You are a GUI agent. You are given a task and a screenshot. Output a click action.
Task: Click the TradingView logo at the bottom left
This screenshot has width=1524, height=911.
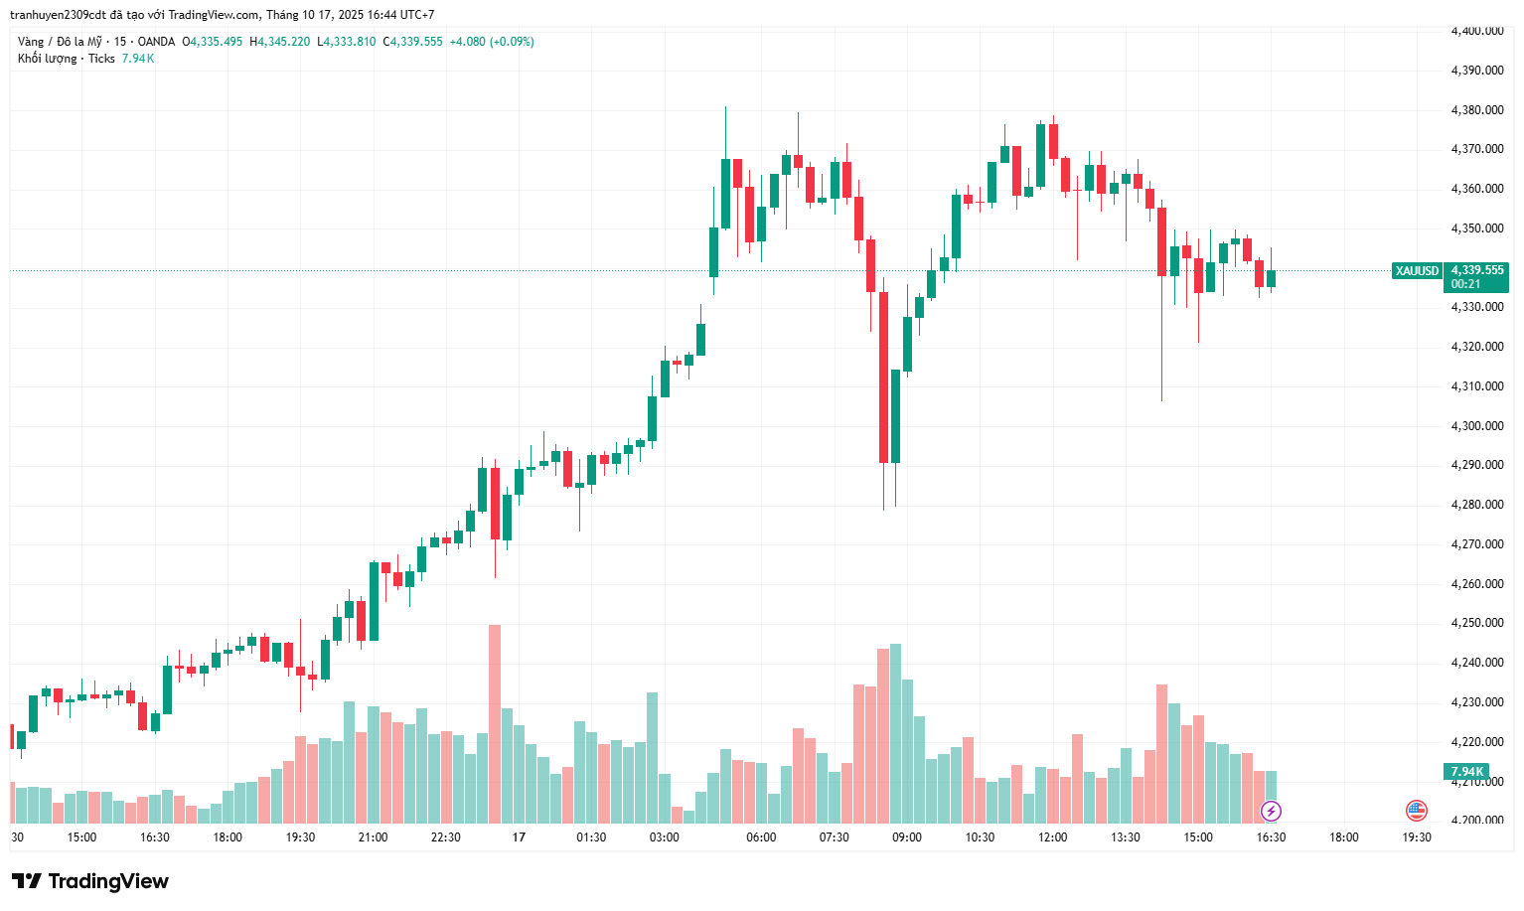89,881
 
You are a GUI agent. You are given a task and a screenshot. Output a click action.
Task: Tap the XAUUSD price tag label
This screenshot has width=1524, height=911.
1417,271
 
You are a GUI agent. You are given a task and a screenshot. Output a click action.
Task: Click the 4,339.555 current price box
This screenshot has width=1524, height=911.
1476,270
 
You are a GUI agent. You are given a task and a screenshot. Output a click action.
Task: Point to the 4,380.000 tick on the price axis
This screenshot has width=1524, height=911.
1476,110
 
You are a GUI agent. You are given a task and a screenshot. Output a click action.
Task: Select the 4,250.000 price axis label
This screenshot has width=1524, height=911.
1476,623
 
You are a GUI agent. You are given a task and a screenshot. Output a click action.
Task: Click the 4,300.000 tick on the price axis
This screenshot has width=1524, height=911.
1476,426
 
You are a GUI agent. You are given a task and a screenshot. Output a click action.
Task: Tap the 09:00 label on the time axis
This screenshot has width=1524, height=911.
906,837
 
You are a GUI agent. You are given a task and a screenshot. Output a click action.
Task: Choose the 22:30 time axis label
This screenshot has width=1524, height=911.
445,837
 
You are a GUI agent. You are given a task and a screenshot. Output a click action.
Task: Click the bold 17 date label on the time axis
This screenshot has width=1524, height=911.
519,837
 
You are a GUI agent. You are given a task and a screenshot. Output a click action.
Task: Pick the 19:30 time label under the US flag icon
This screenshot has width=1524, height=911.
1416,837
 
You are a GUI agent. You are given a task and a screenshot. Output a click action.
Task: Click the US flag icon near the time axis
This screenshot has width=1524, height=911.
1416,811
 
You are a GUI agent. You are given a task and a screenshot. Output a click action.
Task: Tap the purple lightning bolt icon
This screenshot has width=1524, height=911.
1271,812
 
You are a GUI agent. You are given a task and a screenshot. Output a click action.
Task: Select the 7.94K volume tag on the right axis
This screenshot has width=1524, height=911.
1466,772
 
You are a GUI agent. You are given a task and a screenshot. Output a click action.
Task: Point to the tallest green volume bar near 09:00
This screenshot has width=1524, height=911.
895,733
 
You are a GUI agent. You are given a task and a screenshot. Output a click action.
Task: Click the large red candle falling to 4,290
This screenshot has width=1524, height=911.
883,377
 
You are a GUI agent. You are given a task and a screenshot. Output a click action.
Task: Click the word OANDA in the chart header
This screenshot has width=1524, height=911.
156,42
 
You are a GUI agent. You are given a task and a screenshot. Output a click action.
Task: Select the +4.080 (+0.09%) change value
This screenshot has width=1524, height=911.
492,42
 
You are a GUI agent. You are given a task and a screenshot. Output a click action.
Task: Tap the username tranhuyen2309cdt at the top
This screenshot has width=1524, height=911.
57,15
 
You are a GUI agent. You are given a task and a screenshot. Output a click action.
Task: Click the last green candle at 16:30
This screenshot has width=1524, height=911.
1271,279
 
